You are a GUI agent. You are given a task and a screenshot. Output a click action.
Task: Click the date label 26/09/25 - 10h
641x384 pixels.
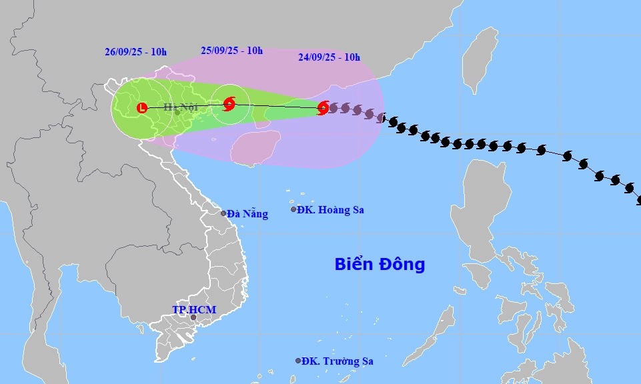point(135,51)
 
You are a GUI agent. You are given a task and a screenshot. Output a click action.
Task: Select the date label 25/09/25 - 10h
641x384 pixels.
point(231,50)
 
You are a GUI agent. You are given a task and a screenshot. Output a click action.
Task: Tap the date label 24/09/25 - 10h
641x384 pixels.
point(329,57)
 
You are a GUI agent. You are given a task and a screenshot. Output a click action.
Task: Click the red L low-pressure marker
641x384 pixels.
point(141,107)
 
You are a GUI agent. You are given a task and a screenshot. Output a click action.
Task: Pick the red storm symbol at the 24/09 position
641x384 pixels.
point(324,107)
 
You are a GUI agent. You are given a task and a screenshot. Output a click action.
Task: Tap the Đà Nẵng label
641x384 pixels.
point(247,214)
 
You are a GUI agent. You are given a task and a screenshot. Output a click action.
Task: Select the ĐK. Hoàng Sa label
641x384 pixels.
point(331,209)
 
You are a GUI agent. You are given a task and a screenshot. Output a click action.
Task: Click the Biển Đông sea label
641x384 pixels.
point(380,265)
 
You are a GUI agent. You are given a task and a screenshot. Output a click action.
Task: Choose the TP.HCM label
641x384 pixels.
point(191,310)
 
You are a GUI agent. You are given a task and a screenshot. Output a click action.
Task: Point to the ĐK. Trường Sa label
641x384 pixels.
point(337,361)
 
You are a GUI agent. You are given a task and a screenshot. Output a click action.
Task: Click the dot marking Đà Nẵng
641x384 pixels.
point(223,213)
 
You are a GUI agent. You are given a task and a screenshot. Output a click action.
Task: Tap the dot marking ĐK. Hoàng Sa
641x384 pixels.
point(293,209)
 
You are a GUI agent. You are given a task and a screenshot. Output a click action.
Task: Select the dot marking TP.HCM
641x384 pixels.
point(193,317)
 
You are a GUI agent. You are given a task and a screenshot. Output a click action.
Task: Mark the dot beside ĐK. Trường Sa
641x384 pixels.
point(298,361)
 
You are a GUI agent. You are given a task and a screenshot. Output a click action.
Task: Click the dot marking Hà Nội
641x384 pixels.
point(177,113)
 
